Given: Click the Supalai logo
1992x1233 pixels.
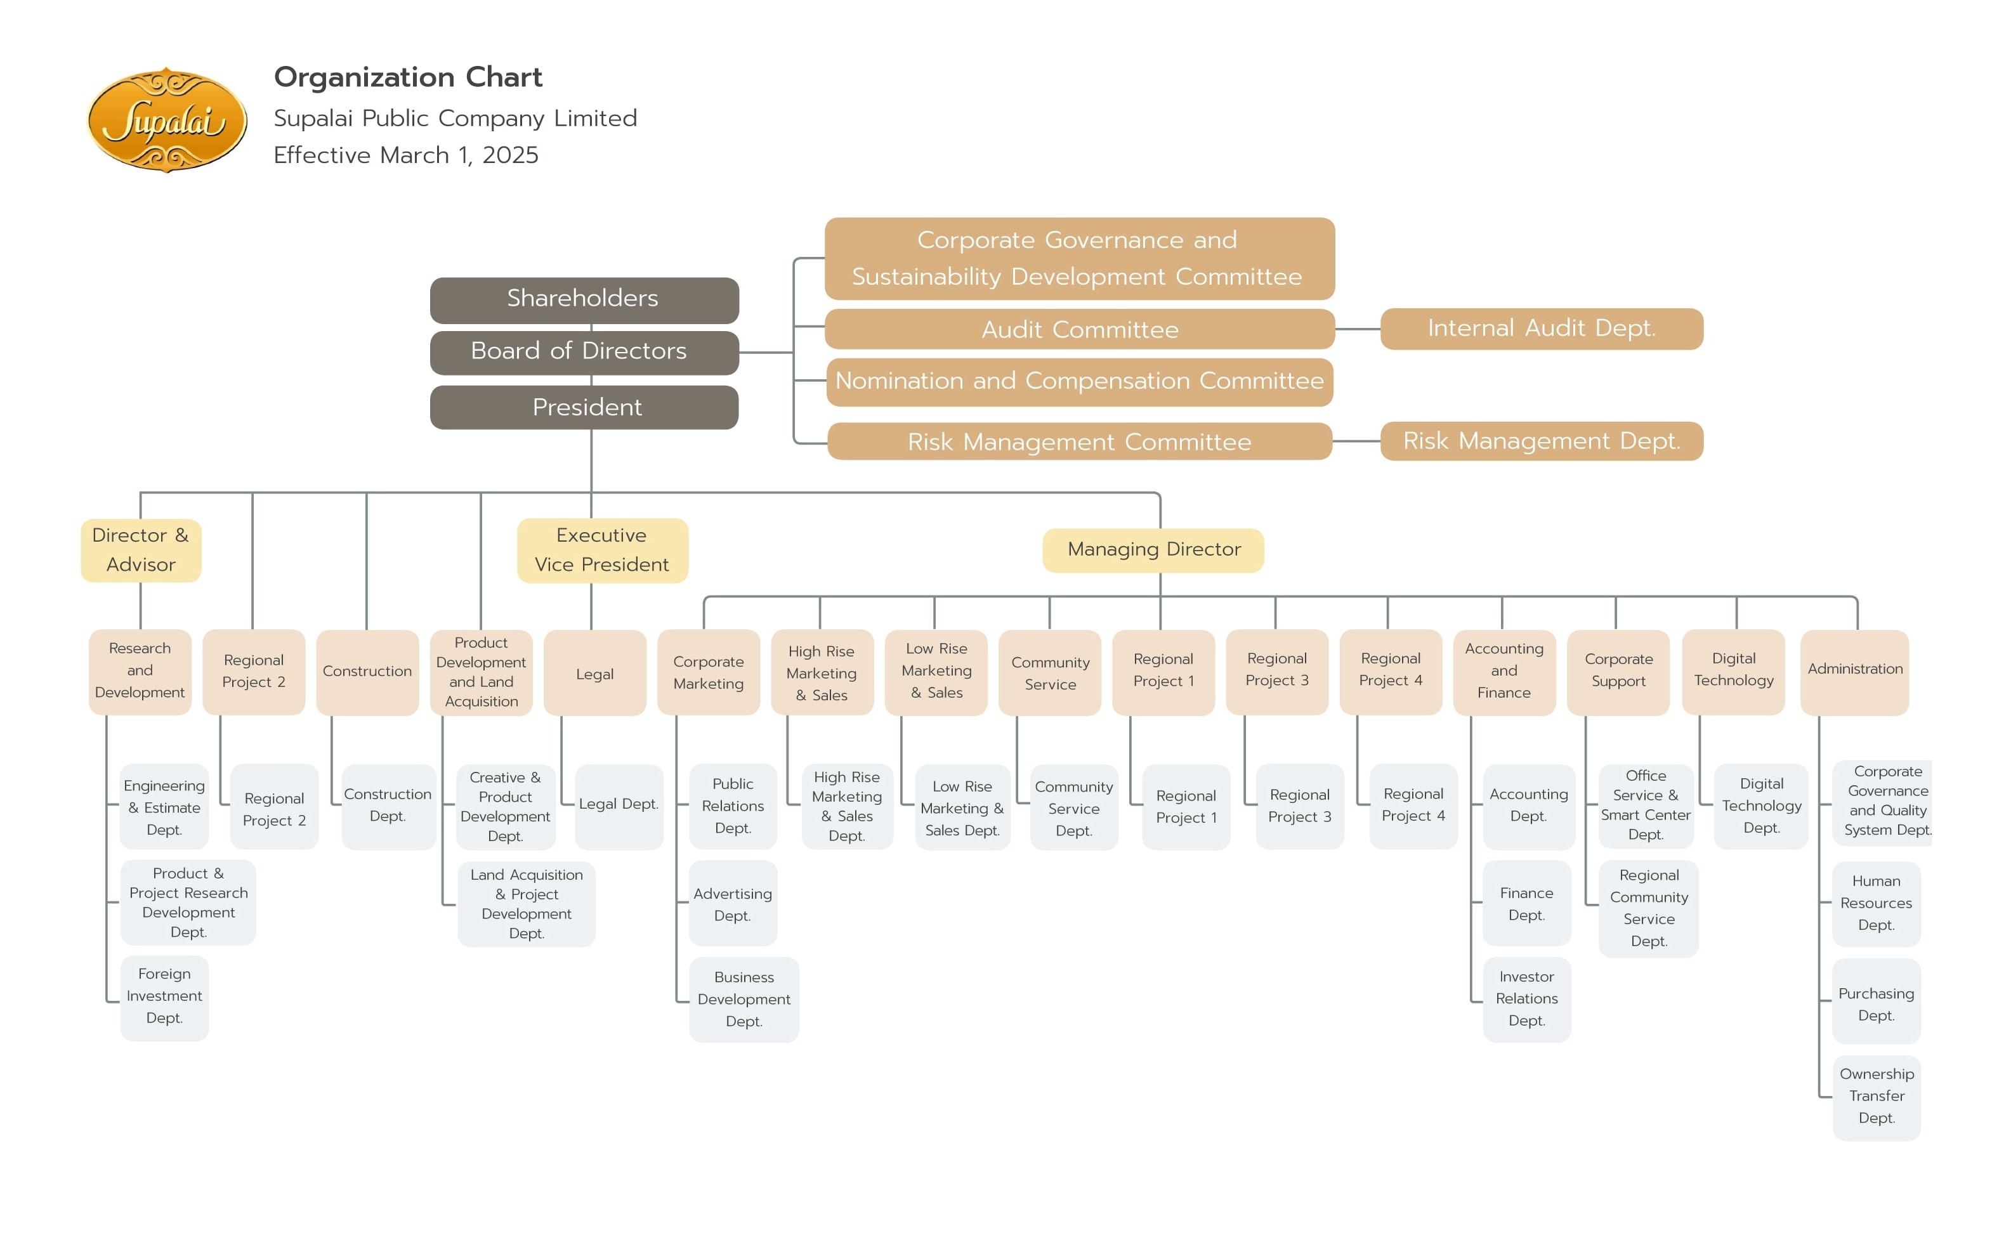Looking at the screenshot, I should tap(166, 120).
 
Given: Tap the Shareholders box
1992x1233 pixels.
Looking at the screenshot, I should tap(584, 299).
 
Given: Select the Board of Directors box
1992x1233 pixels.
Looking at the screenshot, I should tap(584, 351).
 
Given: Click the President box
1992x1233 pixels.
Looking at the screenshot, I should tap(584, 407).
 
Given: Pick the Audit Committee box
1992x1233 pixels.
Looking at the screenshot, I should tap(1078, 329).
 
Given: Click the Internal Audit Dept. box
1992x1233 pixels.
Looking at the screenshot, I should tap(1540, 329).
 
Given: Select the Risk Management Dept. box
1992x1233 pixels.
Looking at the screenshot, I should tap(1540, 441).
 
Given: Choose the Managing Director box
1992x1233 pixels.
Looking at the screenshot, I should tap(1152, 550).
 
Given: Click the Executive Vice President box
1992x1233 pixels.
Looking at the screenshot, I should tap(602, 550).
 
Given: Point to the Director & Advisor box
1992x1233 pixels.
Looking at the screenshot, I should tap(140, 550).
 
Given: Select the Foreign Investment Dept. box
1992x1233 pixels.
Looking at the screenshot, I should tap(164, 996).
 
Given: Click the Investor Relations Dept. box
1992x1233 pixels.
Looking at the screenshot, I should tap(1526, 999).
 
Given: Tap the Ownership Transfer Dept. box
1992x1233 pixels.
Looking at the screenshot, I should tap(1875, 1097).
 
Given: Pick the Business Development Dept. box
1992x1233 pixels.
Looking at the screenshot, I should tap(743, 999).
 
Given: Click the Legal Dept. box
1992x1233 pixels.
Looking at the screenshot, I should tap(618, 805).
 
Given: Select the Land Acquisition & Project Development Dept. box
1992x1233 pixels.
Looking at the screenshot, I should tap(526, 904).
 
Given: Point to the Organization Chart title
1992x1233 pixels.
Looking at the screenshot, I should tap(408, 77).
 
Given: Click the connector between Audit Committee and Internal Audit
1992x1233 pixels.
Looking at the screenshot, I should tap(1357, 329).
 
